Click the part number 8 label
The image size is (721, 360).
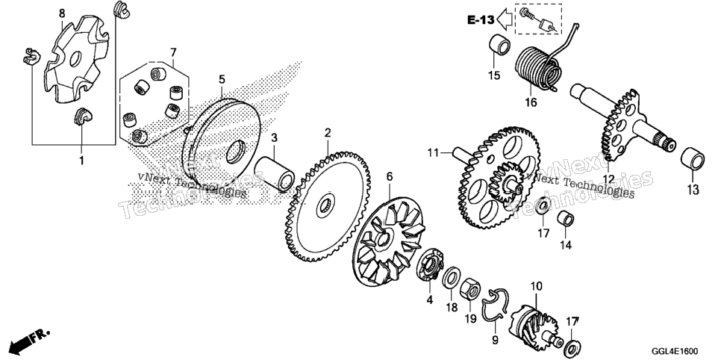point(62,13)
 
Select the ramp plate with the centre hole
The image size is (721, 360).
point(77,58)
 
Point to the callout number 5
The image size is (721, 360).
point(222,79)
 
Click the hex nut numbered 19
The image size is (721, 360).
point(470,289)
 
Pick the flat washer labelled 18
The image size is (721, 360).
point(451,278)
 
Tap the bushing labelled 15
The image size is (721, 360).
point(499,45)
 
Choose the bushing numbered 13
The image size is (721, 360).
point(693,159)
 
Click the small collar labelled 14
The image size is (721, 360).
point(566,219)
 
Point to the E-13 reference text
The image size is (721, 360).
point(481,20)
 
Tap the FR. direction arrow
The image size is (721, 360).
point(28,340)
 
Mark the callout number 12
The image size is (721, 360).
point(608,179)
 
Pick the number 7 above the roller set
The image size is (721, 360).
point(173,51)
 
